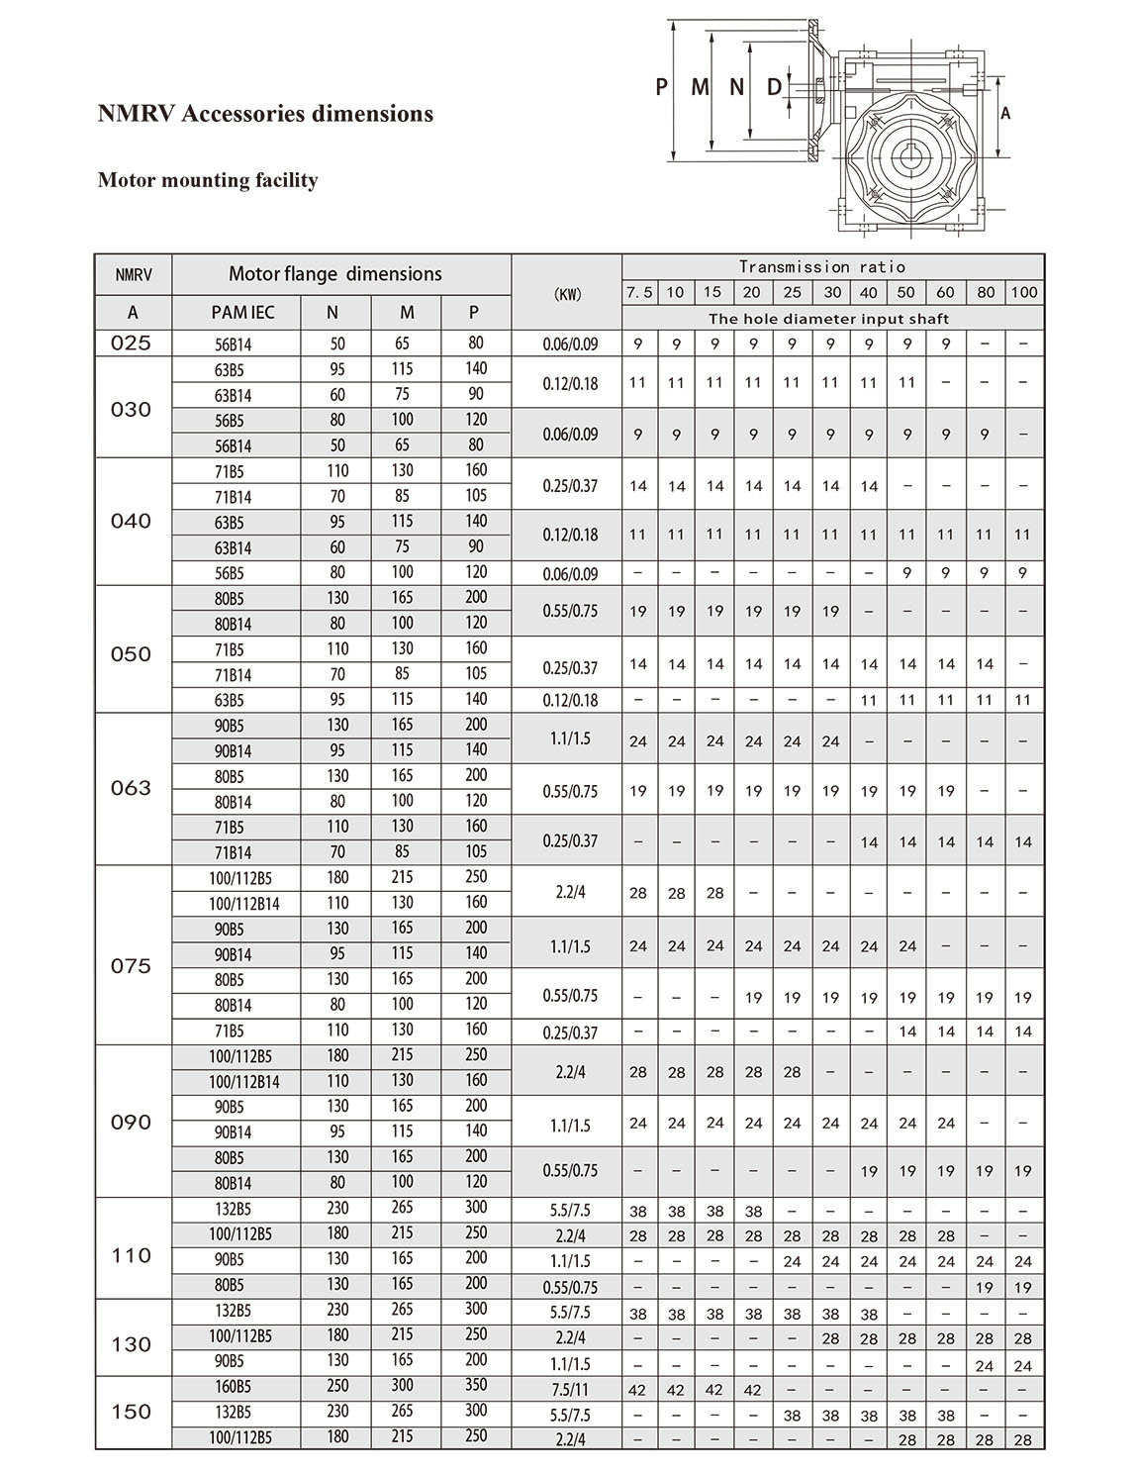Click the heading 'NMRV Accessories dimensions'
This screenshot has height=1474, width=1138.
[265, 114]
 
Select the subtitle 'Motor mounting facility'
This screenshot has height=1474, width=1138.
[208, 180]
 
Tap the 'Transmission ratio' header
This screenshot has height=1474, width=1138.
[821, 266]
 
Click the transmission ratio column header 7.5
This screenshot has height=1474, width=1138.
[638, 292]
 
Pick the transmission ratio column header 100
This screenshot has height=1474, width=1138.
[1023, 292]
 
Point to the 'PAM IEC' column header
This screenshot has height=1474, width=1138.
[242, 312]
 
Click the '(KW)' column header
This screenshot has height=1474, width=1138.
[567, 293]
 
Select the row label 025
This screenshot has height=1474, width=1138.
[132, 344]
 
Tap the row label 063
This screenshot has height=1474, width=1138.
[132, 788]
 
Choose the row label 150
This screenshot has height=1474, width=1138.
[132, 1412]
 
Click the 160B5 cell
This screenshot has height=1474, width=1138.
[234, 1387]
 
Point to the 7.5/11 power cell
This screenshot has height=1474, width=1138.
[569, 1389]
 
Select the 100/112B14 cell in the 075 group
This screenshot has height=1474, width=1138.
[243, 903]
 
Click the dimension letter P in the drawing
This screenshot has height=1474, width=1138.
[661, 87]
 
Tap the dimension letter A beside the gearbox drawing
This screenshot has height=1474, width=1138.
[1005, 114]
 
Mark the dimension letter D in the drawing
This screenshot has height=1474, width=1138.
[774, 87]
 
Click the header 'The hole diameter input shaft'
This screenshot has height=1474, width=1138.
[828, 319]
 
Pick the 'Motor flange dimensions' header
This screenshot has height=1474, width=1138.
[334, 274]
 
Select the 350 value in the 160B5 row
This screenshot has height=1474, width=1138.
[476, 1386]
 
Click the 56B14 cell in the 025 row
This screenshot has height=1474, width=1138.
[234, 344]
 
